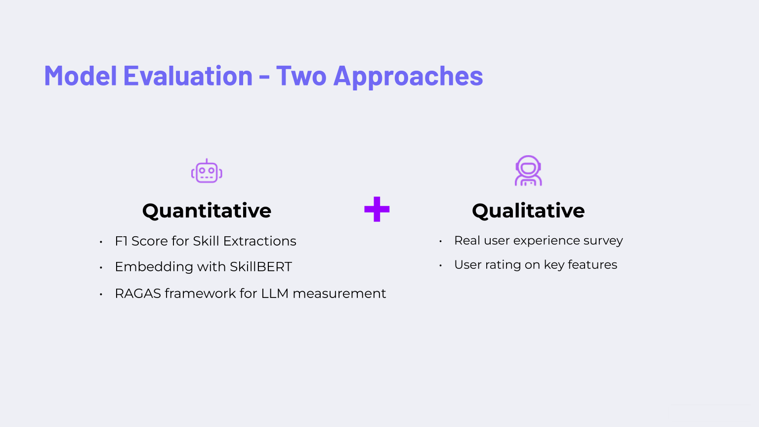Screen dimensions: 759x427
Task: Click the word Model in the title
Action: point(81,75)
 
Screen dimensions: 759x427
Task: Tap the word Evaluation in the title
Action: point(188,75)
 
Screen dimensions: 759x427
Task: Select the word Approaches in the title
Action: point(408,77)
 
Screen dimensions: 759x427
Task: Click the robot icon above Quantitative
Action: point(207,171)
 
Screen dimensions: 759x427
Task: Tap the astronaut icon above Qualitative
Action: point(528,171)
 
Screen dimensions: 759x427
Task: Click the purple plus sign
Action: point(377,209)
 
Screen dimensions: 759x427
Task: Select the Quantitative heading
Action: point(207,211)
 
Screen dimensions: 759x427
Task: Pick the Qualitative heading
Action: point(528,211)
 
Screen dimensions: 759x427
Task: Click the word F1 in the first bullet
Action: point(121,241)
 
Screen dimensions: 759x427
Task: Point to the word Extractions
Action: point(259,241)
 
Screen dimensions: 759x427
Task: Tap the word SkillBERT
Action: point(261,267)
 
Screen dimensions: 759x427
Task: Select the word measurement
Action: point(339,294)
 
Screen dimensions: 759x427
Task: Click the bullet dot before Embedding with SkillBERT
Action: point(101,268)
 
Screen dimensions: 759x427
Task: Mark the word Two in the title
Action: point(301,75)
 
